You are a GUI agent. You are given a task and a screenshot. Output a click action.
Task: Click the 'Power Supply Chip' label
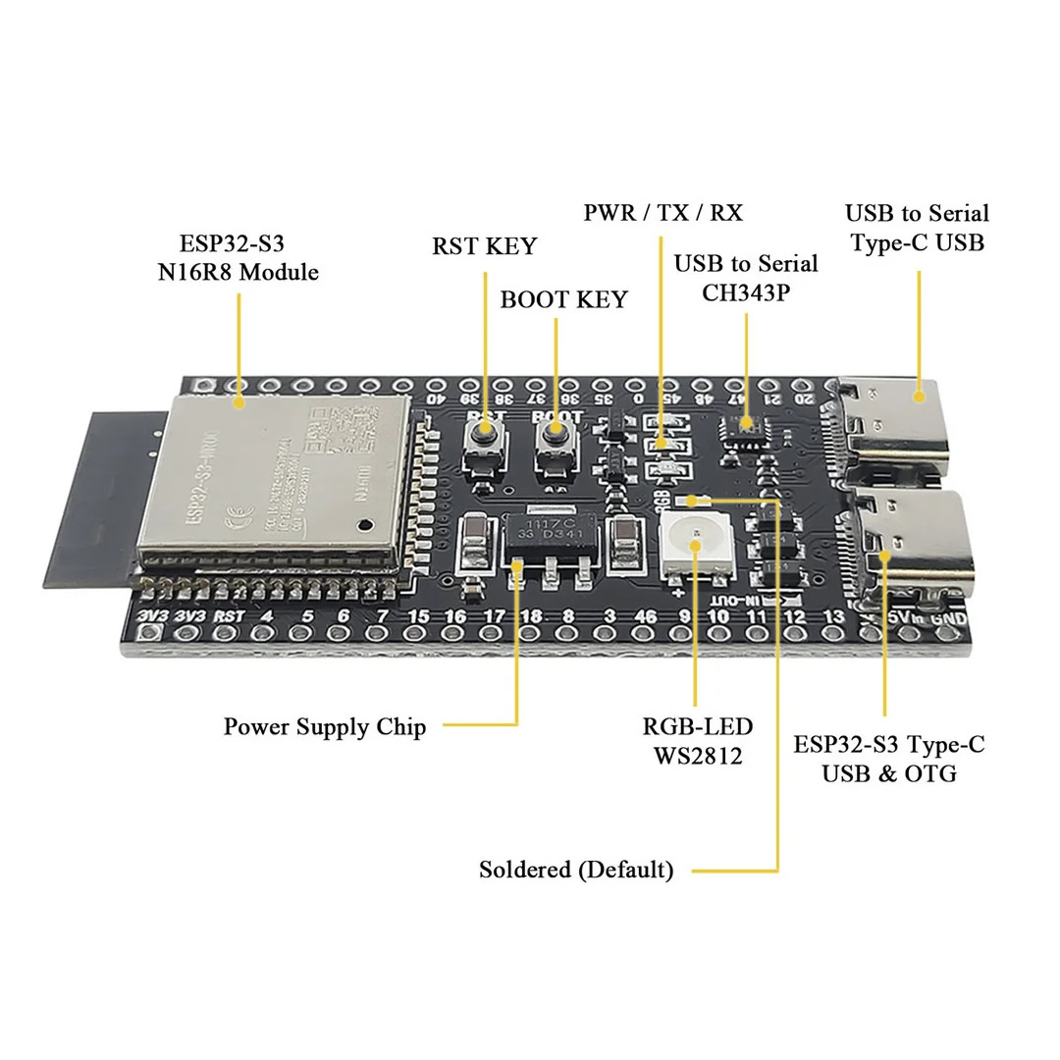[x=325, y=727]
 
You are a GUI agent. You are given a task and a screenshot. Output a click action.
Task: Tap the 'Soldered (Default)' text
[x=576, y=870]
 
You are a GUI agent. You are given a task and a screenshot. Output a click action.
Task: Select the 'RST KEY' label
[x=484, y=245]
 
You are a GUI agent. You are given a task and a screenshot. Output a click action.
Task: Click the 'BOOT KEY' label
[x=563, y=299]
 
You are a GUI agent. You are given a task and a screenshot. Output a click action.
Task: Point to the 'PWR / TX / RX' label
[x=662, y=212]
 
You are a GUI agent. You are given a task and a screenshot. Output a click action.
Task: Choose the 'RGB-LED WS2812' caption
[x=698, y=740]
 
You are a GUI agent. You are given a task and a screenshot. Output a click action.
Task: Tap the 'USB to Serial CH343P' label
[x=746, y=278]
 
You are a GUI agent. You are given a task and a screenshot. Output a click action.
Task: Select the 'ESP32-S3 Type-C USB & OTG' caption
[x=888, y=759]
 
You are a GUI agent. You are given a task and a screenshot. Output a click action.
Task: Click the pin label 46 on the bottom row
[x=645, y=616]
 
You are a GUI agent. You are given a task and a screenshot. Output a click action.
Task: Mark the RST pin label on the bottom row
[x=229, y=616]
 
